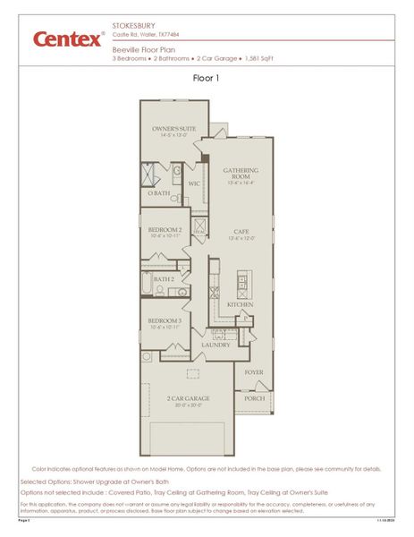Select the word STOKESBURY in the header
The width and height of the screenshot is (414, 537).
point(131,26)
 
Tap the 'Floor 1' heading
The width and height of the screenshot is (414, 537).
point(206,78)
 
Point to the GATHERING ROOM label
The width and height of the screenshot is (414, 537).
point(241,173)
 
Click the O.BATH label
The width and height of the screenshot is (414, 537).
point(159,193)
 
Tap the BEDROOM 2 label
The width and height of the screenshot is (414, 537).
point(165,229)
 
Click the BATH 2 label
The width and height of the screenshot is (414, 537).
point(164,279)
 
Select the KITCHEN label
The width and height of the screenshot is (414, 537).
point(240,305)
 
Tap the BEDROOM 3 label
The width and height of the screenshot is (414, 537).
point(165,320)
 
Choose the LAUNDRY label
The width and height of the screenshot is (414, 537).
point(215,345)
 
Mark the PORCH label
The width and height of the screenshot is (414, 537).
point(255,398)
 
